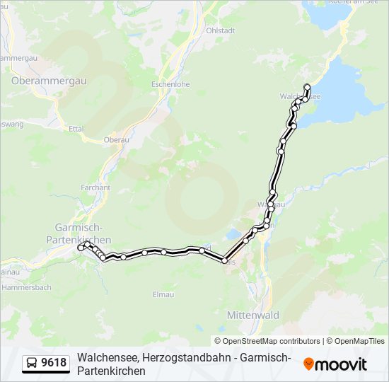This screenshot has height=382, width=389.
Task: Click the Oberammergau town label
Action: [x=48, y=81]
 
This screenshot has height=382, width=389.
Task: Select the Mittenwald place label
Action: [x=252, y=315]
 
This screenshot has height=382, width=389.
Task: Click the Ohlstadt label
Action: [x=220, y=30]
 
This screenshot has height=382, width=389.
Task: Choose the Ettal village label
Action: [x=76, y=128]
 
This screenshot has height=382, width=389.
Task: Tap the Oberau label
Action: [x=116, y=139]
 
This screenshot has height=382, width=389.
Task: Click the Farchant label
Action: [x=95, y=187]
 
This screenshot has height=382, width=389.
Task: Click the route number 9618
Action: [x=54, y=363]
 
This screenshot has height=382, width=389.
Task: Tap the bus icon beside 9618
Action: [x=32, y=363]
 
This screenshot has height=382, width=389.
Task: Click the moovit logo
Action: [x=335, y=364]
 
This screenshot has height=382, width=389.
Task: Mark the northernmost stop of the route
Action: [x=307, y=87]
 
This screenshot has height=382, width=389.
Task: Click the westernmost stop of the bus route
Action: [x=81, y=248]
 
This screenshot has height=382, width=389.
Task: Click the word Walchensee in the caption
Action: [x=105, y=358]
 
